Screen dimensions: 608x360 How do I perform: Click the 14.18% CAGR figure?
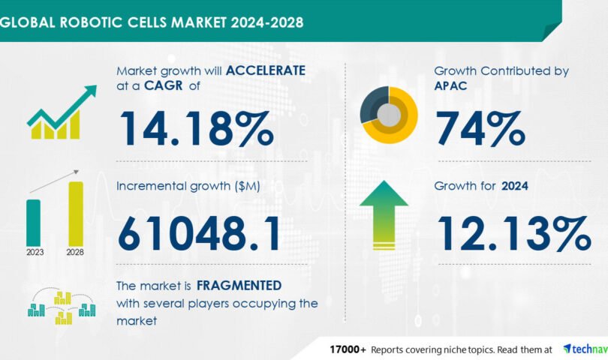197,128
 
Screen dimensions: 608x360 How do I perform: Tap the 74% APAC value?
480,128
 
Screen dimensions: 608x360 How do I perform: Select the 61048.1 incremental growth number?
199,234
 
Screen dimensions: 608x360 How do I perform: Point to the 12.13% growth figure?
515,233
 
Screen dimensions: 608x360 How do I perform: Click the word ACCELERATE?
266,70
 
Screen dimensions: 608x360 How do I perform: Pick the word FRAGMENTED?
239,286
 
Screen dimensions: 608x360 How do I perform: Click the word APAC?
450,85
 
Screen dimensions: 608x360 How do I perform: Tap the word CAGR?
163,85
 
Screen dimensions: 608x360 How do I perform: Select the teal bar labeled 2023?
33,223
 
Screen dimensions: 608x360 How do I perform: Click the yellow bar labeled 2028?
76,214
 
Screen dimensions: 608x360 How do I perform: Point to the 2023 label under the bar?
35,252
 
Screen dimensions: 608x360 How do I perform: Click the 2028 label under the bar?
75,252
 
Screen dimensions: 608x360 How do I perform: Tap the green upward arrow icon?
384,215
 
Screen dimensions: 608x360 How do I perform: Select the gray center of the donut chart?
389,115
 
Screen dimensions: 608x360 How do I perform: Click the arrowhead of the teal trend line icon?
91,90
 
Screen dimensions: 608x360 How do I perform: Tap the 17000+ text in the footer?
348,349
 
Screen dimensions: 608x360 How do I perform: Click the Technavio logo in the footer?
585,349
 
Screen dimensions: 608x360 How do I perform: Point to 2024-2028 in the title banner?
267,22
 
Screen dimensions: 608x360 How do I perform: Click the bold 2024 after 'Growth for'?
515,186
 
